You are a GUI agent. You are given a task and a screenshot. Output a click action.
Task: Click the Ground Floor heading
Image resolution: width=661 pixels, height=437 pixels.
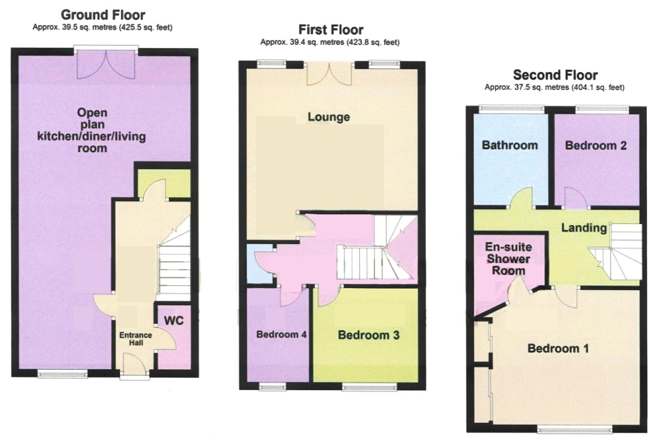pyautogui.click(x=103, y=15)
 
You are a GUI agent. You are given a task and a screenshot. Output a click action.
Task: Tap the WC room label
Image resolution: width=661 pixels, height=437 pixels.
pyautogui.click(x=174, y=320)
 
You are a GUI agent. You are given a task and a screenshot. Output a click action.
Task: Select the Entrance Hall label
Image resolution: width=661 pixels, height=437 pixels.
pyautogui.click(x=136, y=339)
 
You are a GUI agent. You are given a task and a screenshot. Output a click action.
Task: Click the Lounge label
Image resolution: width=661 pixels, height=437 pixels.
pyautogui.click(x=329, y=117)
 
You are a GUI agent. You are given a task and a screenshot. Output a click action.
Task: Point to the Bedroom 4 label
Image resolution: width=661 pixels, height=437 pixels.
pyautogui.click(x=281, y=334)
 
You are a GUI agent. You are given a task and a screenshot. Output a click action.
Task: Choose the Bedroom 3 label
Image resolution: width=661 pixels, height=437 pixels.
pyautogui.click(x=368, y=335)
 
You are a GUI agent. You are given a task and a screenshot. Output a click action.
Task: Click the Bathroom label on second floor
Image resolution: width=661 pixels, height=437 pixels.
pyautogui.click(x=510, y=145)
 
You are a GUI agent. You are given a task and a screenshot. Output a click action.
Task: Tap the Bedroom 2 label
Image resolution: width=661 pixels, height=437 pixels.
pyautogui.click(x=595, y=145)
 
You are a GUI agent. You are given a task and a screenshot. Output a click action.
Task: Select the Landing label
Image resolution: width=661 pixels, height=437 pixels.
pyautogui.click(x=584, y=228)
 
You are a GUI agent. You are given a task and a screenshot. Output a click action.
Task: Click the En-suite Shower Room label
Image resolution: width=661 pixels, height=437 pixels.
pyautogui.click(x=508, y=259)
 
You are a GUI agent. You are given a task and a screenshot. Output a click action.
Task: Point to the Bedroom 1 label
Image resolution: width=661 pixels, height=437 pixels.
pyautogui.click(x=558, y=348)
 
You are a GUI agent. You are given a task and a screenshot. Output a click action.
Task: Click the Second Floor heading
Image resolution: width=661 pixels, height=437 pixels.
pyautogui.click(x=555, y=75)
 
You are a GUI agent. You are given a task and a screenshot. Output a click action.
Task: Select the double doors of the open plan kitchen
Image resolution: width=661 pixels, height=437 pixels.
pyautogui.click(x=106, y=65)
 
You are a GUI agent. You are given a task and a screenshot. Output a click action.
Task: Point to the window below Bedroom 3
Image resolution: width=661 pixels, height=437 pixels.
pyautogui.click(x=369, y=388)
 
